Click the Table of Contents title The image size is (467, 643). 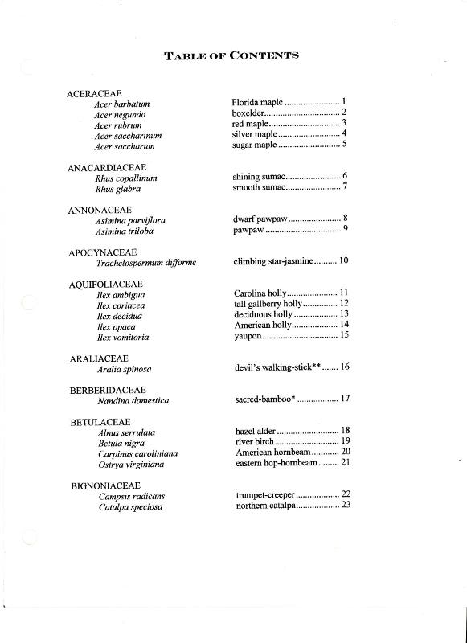point(231,55)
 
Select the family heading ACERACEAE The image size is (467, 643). point(94,93)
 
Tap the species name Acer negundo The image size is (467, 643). point(120,115)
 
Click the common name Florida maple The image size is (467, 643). point(257,103)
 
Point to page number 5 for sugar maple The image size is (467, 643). point(344,145)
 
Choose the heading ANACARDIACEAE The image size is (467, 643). point(107,168)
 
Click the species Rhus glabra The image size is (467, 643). point(118,189)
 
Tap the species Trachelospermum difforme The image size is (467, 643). point(146,262)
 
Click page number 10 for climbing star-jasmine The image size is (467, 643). point(343,260)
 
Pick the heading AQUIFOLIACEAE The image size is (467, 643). point(106,285)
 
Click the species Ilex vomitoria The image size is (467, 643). point(123,338)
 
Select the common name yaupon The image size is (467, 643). point(248,335)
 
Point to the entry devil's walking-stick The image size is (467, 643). point(277,367)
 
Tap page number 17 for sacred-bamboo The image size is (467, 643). point(345,398)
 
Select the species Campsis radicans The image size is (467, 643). point(132,496)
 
